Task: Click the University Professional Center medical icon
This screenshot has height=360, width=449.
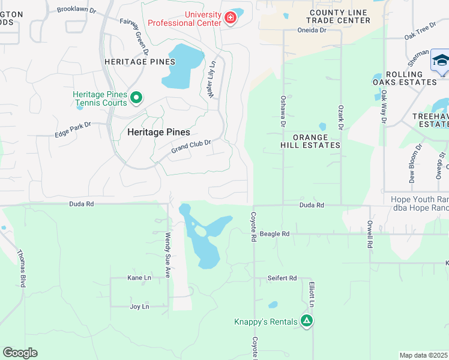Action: pyautogui.click(x=229, y=19)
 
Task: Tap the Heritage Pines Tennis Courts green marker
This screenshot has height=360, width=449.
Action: pyautogui.click(x=136, y=97)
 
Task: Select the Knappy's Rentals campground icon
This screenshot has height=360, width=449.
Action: pyautogui.click(x=307, y=321)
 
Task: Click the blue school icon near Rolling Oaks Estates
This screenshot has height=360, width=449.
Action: pyautogui.click(x=440, y=61)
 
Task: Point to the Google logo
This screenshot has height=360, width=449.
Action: pyautogui.click(x=20, y=353)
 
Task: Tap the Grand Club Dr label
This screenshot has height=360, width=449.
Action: pyautogui.click(x=191, y=145)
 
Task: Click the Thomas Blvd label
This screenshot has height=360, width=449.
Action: pyautogui.click(x=21, y=268)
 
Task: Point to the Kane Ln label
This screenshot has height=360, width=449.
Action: pyautogui.click(x=139, y=278)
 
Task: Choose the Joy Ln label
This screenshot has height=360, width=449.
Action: pyautogui.click(x=139, y=307)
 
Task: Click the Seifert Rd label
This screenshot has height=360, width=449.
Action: pyautogui.click(x=282, y=278)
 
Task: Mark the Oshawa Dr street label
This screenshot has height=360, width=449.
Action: pyautogui.click(x=283, y=111)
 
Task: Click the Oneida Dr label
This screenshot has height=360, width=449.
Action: pyautogui.click(x=311, y=30)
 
